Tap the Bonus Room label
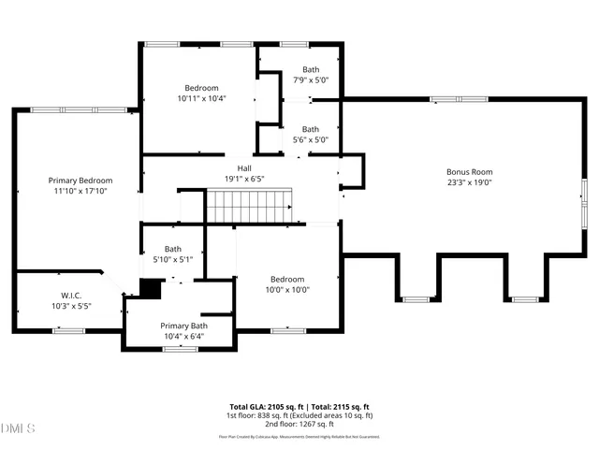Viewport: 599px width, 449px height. tap(469, 172)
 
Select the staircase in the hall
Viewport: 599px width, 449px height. tap(249, 205)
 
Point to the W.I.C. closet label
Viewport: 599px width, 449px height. tap(67, 296)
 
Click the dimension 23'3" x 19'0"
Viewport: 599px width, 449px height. tap(469, 183)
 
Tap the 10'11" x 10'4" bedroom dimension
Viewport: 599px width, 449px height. tap(202, 98)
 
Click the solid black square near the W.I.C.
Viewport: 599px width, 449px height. tap(150, 289)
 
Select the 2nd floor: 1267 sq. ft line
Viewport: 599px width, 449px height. tap(299, 424)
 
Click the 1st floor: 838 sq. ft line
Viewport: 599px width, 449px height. tap(299, 415)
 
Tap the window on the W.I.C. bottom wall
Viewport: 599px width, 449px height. tap(69, 329)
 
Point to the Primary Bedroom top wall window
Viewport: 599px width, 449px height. tap(70, 109)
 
